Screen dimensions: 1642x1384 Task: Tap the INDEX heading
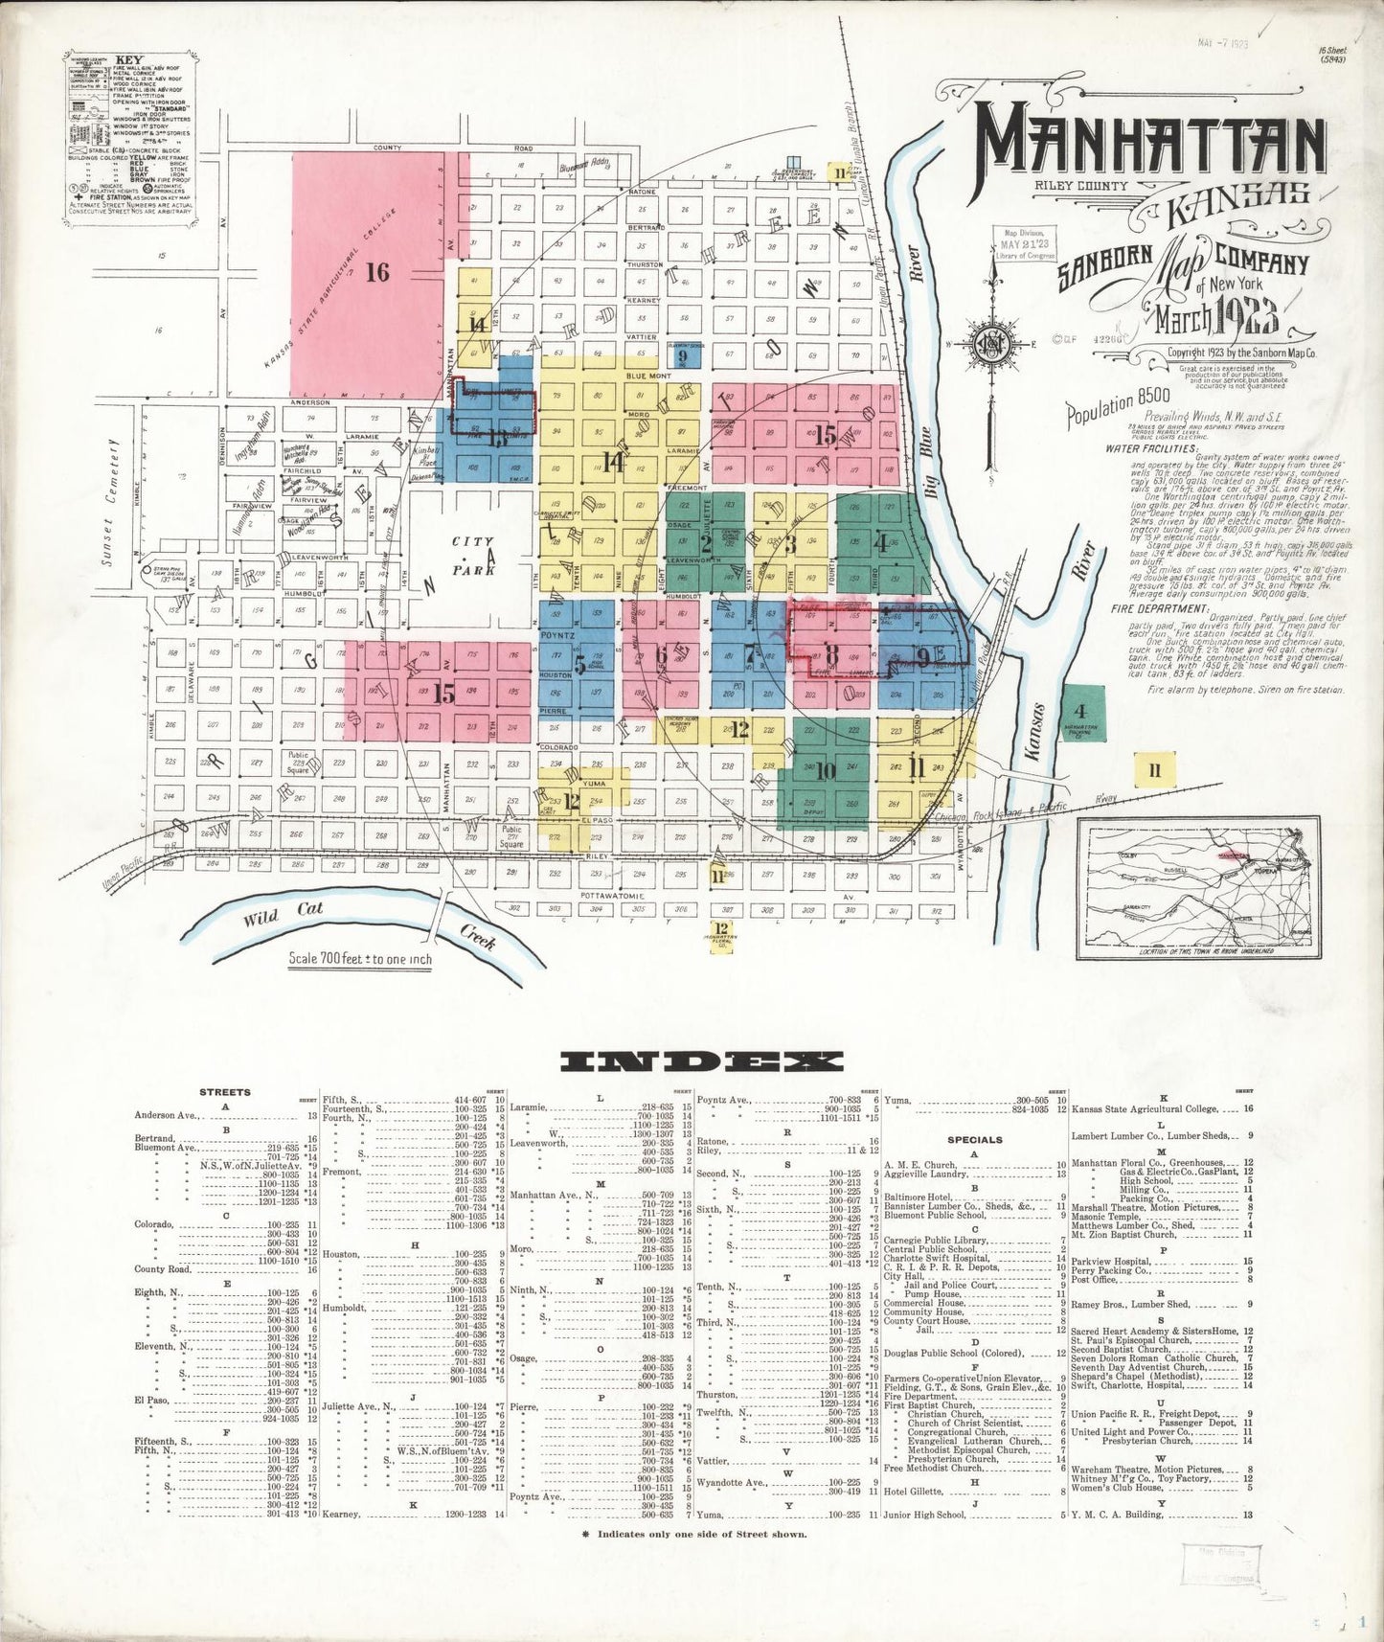(701, 1060)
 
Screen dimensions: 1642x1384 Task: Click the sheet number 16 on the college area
(377, 273)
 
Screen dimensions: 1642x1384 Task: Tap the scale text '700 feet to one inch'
(360, 958)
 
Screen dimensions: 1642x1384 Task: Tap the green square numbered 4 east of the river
(1080, 713)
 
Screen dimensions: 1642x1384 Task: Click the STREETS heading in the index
(225, 1092)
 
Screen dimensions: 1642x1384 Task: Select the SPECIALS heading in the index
(974, 1140)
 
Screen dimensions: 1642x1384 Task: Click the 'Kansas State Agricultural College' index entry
(1144, 1109)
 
